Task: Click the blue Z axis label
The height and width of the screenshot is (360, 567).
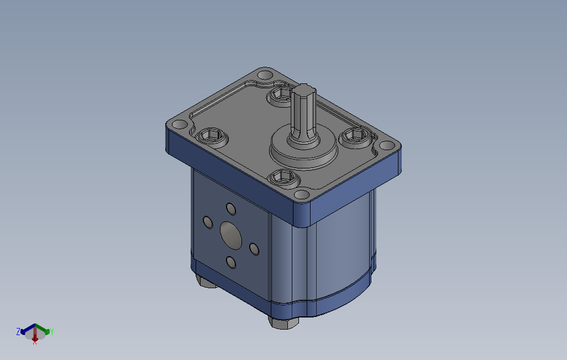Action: click(x=18, y=331)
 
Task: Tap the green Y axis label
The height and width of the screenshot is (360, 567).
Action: click(x=52, y=332)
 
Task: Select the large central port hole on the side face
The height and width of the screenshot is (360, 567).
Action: click(x=230, y=236)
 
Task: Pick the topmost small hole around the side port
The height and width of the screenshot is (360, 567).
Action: click(x=231, y=209)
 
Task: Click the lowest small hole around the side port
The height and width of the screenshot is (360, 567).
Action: click(x=230, y=262)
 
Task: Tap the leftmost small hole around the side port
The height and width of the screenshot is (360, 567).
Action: click(x=208, y=223)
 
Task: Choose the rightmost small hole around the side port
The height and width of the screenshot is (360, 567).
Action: click(x=254, y=249)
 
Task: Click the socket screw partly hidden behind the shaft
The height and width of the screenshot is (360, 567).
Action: click(x=280, y=95)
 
